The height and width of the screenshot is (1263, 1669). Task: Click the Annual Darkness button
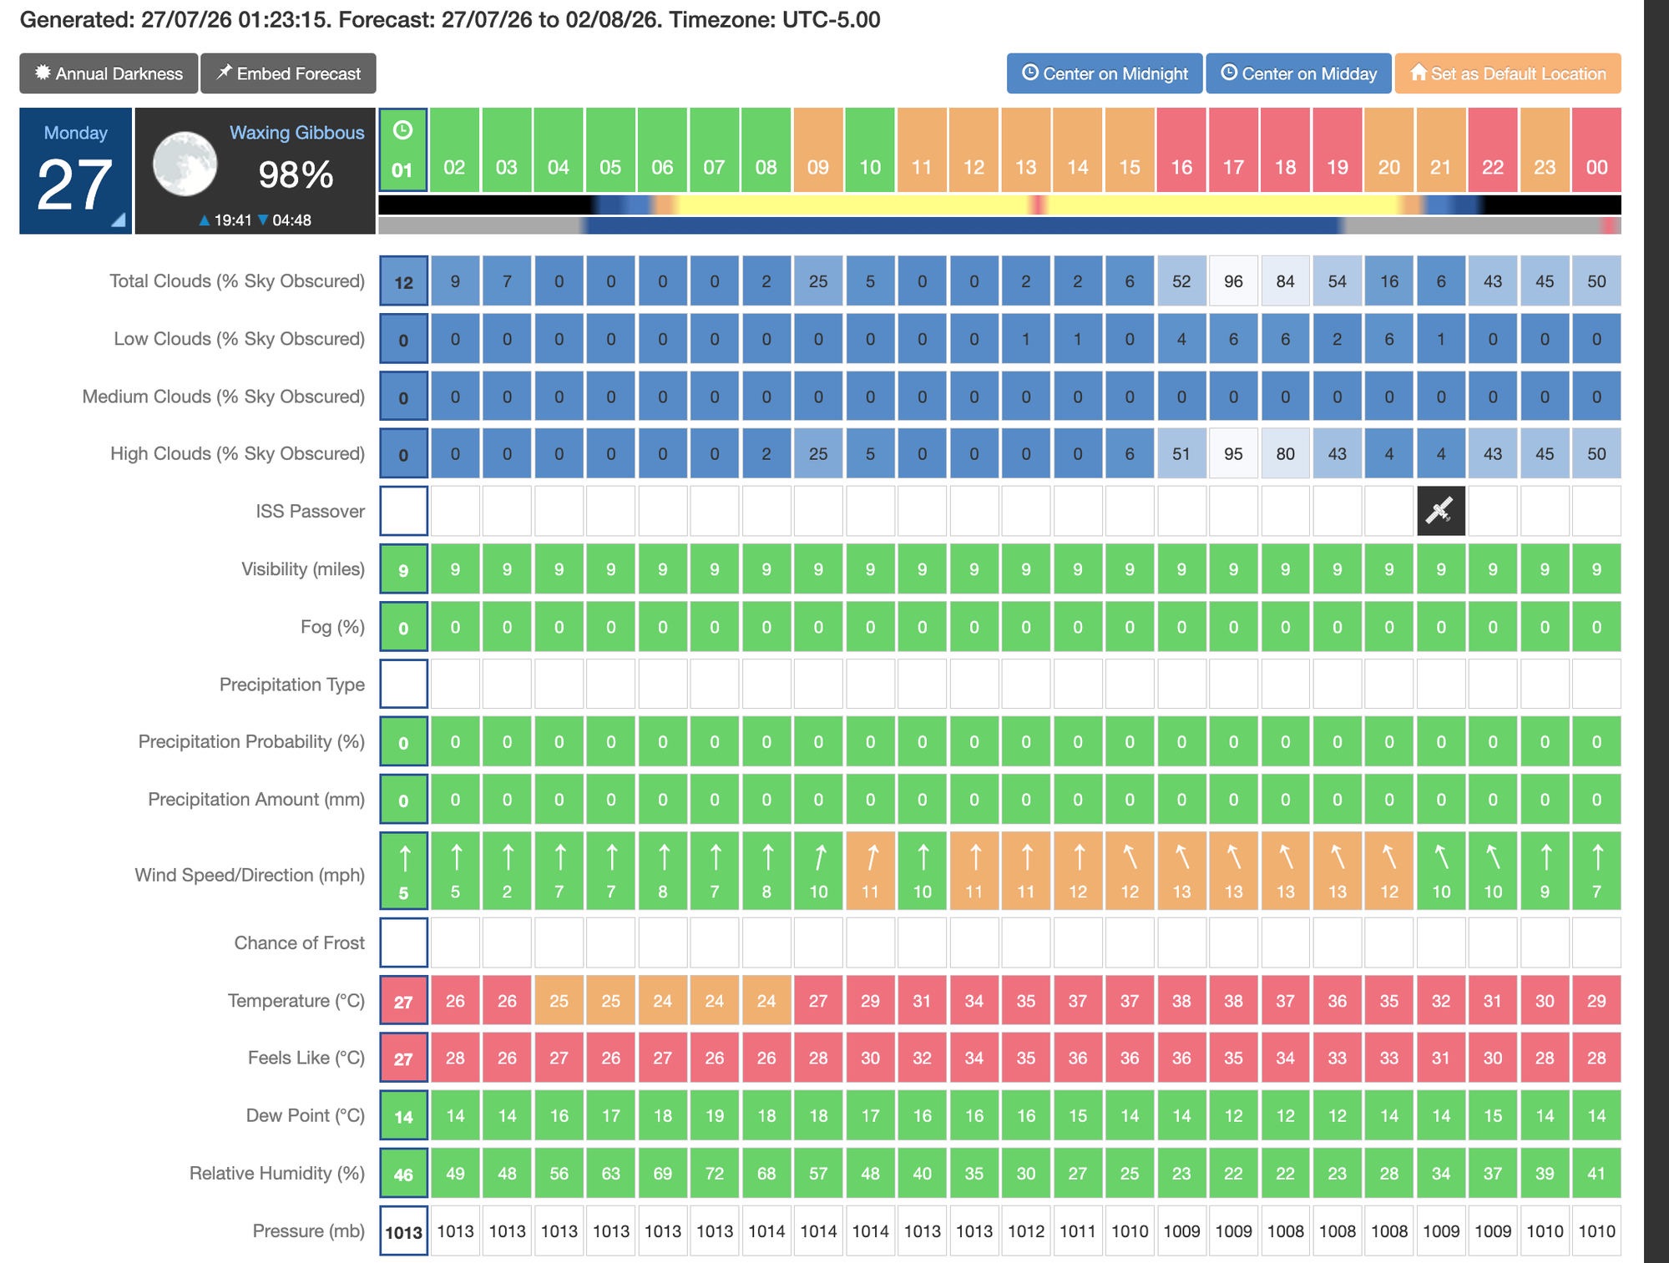pyautogui.click(x=109, y=73)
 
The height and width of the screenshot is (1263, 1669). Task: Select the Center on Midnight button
pyautogui.click(x=1105, y=73)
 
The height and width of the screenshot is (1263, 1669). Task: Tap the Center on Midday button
pyautogui.click(x=1298, y=73)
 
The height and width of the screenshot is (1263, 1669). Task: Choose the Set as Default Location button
pyautogui.click(x=1508, y=73)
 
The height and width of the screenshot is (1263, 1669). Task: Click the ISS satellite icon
pyautogui.click(x=1440, y=511)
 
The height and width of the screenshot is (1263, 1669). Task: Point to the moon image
pyautogui.click(x=185, y=164)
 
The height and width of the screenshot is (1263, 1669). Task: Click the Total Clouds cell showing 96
pyautogui.click(x=1233, y=281)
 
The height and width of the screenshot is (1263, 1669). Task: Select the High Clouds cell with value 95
pyautogui.click(x=1233, y=454)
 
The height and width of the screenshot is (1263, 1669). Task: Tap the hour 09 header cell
pyautogui.click(x=818, y=150)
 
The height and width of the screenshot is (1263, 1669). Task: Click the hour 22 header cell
pyautogui.click(x=1493, y=150)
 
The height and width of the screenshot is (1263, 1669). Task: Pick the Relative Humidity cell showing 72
pyautogui.click(x=715, y=1174)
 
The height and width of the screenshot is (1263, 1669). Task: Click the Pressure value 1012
pyautogui.click(x=1026, y=1231)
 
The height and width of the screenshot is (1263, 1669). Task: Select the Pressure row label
pyautogui.click(x=308, y=1231)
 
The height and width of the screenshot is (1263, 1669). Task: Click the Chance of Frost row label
pyautogui.click(x=299, y=943)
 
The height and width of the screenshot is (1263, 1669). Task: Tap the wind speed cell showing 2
pyautogui.click(x=507, y=871)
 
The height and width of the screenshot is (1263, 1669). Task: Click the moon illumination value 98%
pyautogui.click(x=296, y=175)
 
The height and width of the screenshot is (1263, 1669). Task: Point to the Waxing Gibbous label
pyautogui.click(x=297, y=133)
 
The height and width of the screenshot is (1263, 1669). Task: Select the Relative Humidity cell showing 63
pyautogui.click(x=611, y=1174)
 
